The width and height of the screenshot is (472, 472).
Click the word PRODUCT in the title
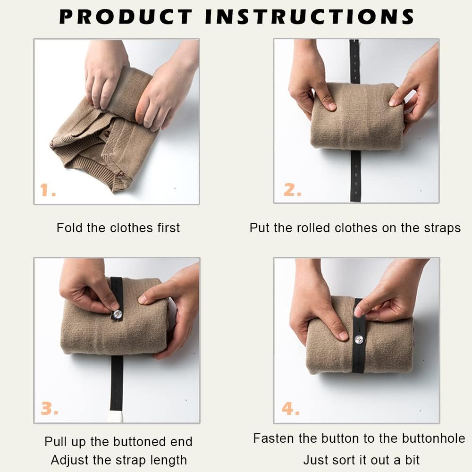coord(126,17)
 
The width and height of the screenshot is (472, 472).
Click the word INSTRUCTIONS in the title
coord(309,17)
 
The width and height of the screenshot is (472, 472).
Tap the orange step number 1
coord(48,190)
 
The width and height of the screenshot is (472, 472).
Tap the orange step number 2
coord(292,190)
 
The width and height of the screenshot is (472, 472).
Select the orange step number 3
coord(49,408)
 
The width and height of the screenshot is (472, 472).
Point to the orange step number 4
coord(290,408)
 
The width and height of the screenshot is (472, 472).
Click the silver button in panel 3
coord(117,314)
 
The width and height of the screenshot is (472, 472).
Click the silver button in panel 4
coord(359,339)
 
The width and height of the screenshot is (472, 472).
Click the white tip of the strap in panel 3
coord(116,417)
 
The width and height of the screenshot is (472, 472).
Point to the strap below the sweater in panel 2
coord(355,176)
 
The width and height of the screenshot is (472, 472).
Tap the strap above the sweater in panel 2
coord(354,61)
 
